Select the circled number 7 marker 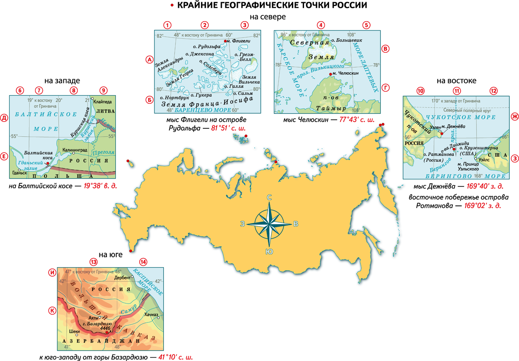[x=40, y=90]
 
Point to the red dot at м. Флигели [x=225, y=41]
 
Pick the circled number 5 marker [x=366, y=25]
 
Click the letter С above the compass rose [x=269, y=198]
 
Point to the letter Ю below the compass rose [x=269, y=252]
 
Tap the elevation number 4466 [x=106, y=329]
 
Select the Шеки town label [x=74, y=331]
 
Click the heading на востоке [x=456, y=80]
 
